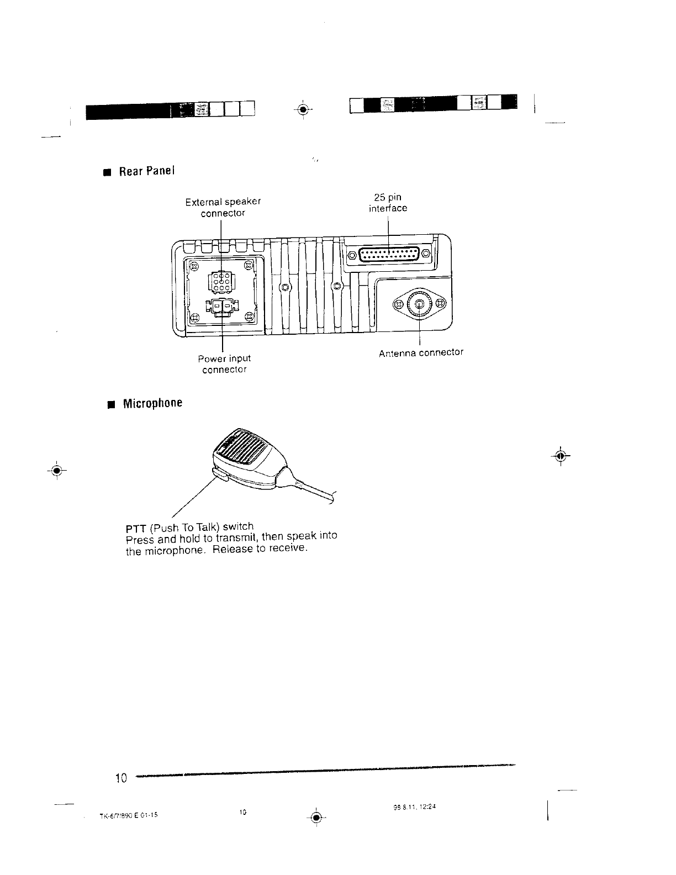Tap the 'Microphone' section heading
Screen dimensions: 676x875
(152, 403)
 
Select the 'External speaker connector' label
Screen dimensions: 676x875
(223, 207)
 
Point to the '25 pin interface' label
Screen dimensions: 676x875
(388, 203)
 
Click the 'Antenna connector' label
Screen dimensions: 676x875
(421, 352)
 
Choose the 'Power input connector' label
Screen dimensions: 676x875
(224, 364)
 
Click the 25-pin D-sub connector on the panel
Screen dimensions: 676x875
(389, 255)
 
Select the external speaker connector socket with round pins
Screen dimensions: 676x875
(220, 282)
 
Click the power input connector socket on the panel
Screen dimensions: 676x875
(221, 306)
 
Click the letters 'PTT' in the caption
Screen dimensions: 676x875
(136, 529)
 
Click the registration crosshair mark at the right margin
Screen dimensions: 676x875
(561, 456)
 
